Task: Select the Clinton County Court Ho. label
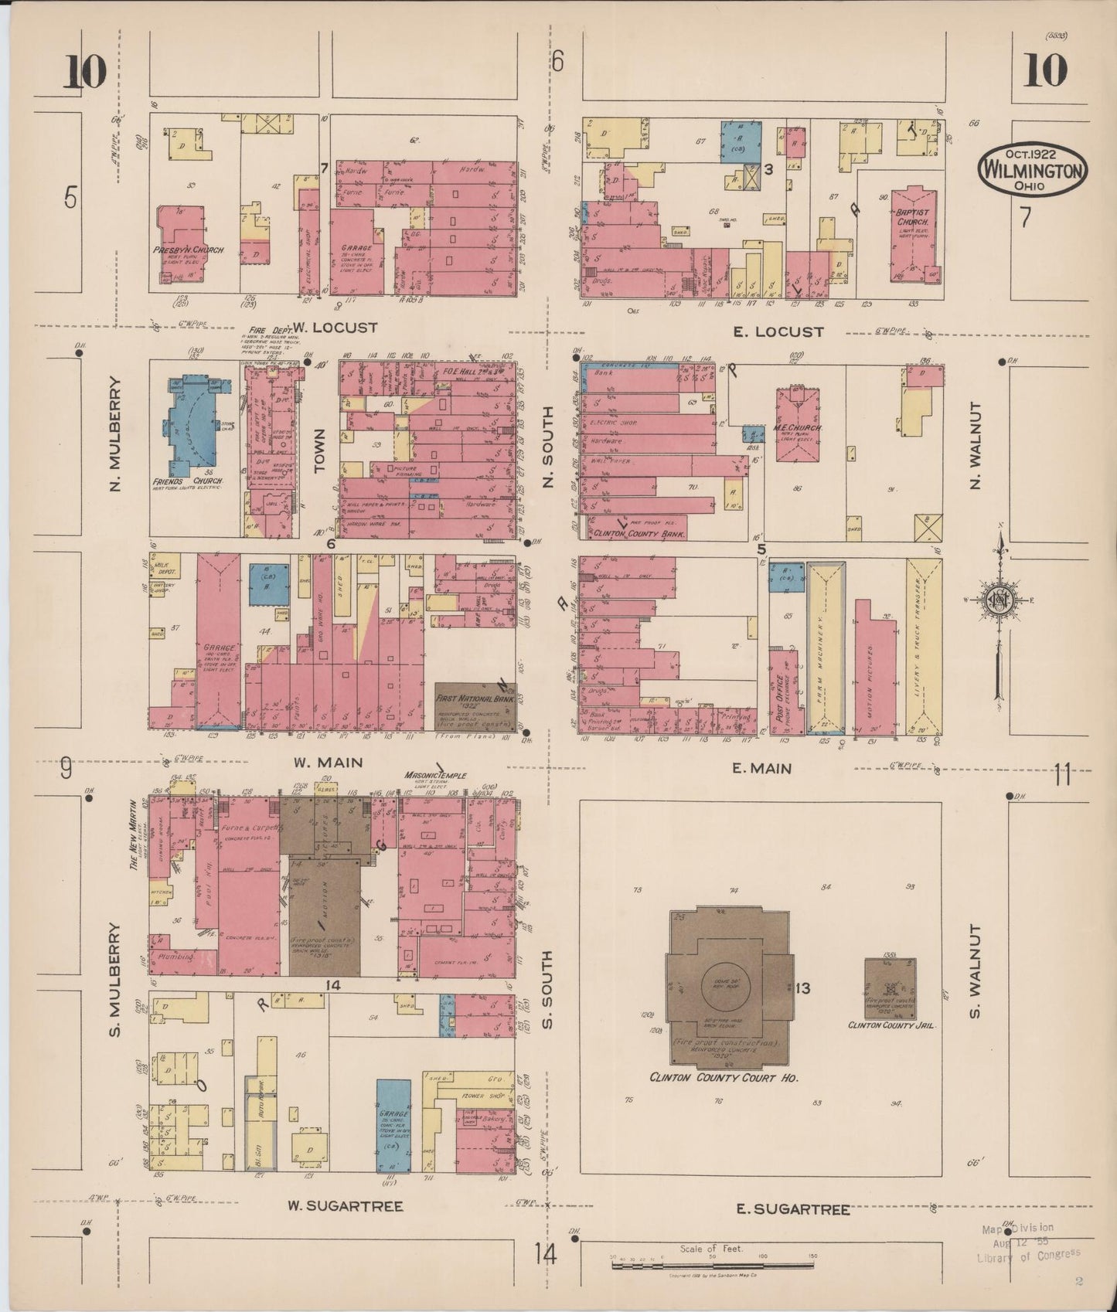724,1077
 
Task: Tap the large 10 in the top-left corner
84,74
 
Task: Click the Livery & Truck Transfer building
924,645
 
